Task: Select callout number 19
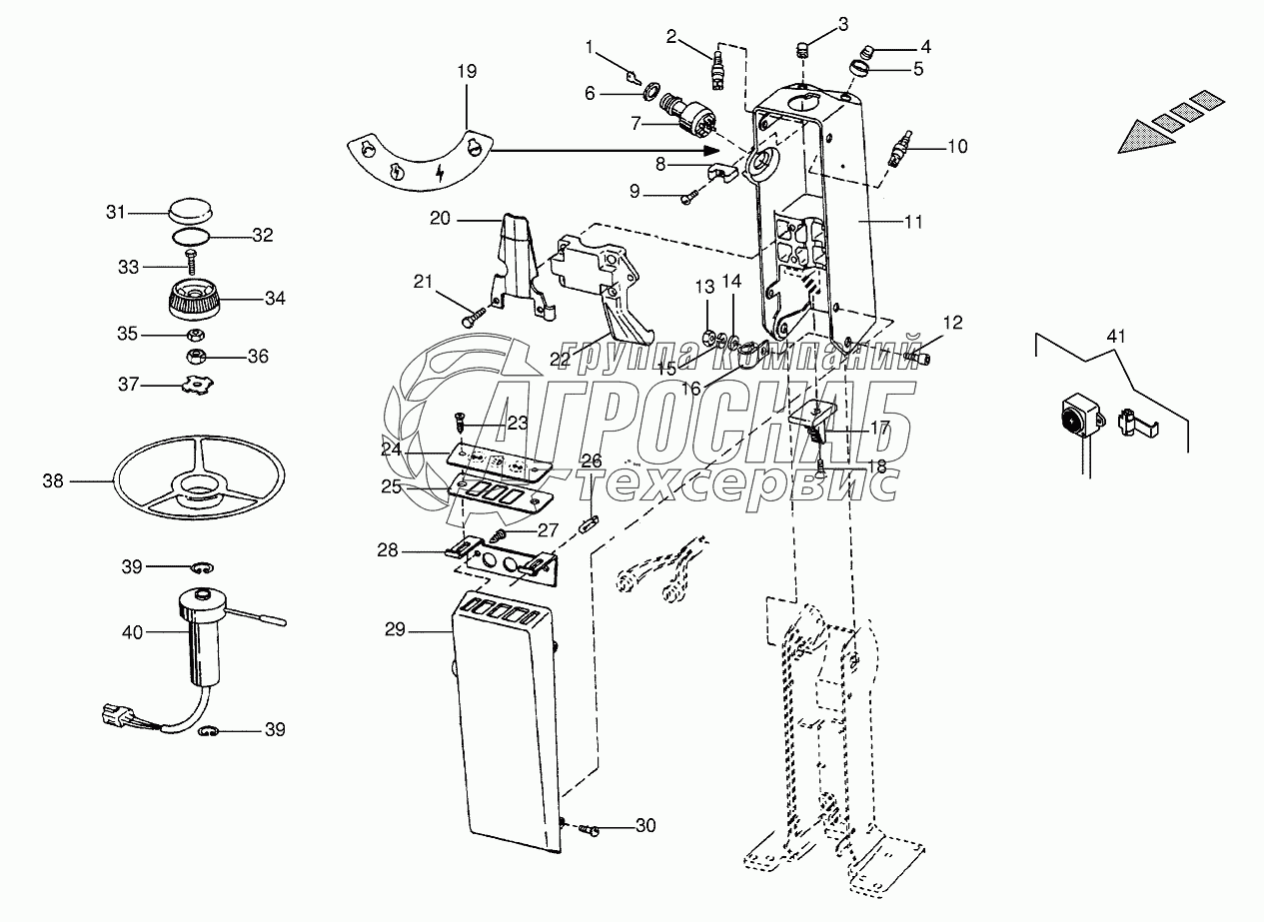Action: (x=467, y=71)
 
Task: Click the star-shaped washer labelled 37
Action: (x=197, y=384)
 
